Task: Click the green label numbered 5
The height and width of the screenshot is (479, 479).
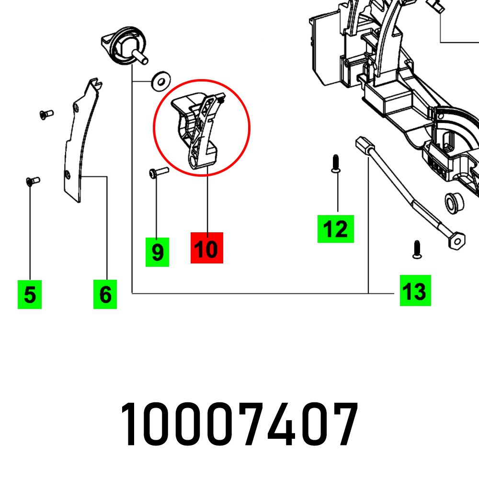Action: point(30,294)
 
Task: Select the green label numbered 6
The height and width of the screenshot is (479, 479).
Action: point(105,294)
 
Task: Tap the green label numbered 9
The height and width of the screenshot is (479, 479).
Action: point(157,252)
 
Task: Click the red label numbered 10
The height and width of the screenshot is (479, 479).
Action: point(207,248)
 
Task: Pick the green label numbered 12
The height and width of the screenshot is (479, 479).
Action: point(335,229)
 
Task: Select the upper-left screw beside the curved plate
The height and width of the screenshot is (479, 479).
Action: point(46,114)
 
